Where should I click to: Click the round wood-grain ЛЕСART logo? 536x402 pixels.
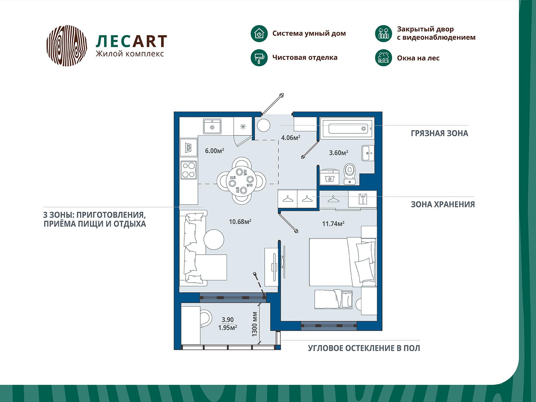click(67, 46)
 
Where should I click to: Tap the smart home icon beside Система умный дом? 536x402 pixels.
click(259, 33)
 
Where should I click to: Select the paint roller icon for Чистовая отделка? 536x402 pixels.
click(259, 58)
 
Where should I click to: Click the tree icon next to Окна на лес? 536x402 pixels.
click(383, 58)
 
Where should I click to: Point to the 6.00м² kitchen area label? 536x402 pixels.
click(214, 151)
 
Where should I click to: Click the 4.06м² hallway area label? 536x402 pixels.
click(290, 138)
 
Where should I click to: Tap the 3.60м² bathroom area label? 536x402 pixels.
click(338, 153)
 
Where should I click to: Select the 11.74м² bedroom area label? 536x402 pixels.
click(333, 223)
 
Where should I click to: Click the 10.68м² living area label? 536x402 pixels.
click(240, 222)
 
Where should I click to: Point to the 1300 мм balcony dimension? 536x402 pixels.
click(255, 324)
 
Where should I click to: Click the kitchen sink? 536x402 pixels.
click(212, 126)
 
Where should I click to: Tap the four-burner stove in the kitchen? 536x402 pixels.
click(189, 170)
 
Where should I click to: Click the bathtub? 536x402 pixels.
click(347, 129)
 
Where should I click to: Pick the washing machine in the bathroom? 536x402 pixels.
click(329, 177)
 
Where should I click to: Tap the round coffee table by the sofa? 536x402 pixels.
click(214, 240)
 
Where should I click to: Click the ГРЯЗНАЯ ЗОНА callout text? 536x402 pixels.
click(439, 133)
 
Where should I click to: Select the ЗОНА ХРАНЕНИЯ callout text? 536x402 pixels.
click(443, 204)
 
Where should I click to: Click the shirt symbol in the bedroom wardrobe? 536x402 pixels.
click(362, 199)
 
